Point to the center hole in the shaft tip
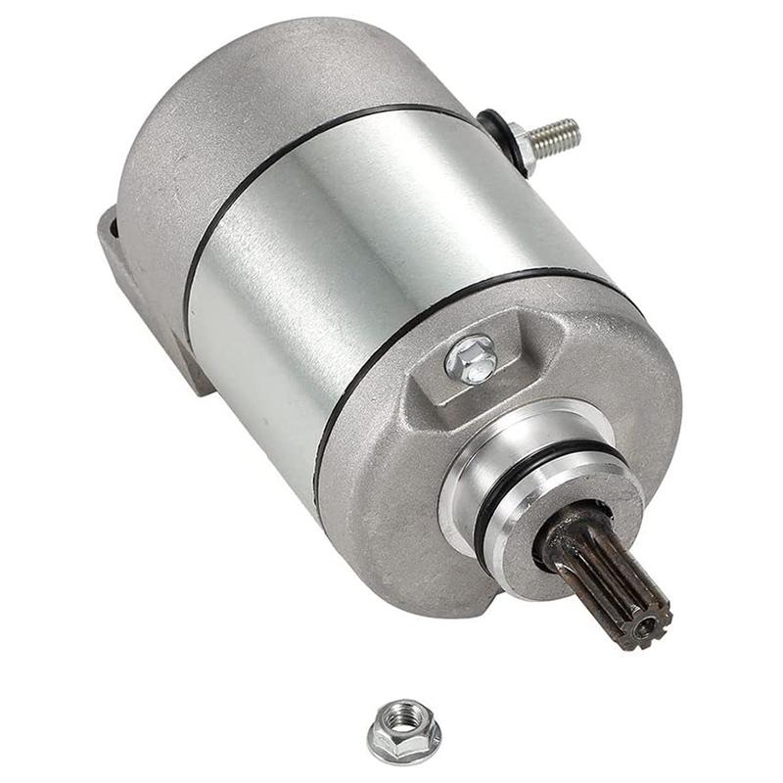[645, 627]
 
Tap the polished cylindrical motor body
[372, 254]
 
